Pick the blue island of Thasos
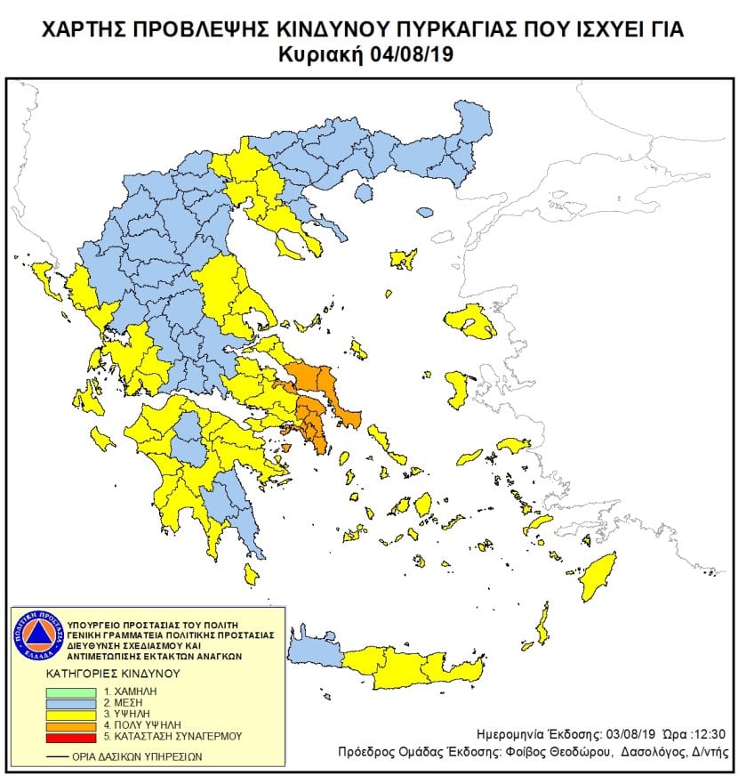[x=426, y=213]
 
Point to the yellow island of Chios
[x=458, y=389]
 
